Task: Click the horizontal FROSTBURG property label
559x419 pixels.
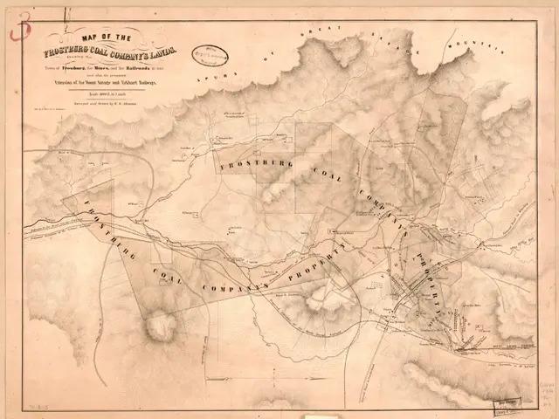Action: (255, 163)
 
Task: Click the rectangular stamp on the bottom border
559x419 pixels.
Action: (504, 404)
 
